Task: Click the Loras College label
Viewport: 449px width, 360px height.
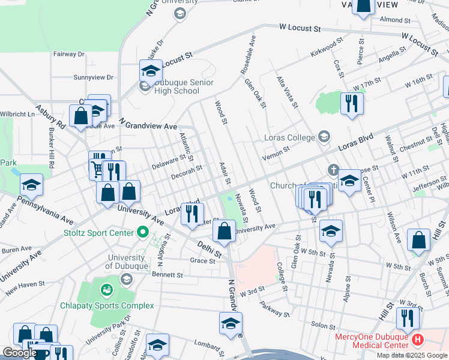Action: click(x=290, y=137)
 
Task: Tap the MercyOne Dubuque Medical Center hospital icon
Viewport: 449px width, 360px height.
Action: click(x=418, y=340)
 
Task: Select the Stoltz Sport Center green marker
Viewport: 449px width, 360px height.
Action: click(x=142, y=231)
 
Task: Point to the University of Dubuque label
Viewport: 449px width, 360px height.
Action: click(x=125, y=262)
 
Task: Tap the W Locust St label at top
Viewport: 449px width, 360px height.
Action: click(x=301, y=28)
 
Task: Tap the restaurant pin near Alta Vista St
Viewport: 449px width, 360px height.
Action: click(x=351, y=103)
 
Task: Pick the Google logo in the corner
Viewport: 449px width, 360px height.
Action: click(x=20, y=353)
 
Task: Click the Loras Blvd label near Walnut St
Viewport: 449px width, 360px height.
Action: click(x=357, y=142)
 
